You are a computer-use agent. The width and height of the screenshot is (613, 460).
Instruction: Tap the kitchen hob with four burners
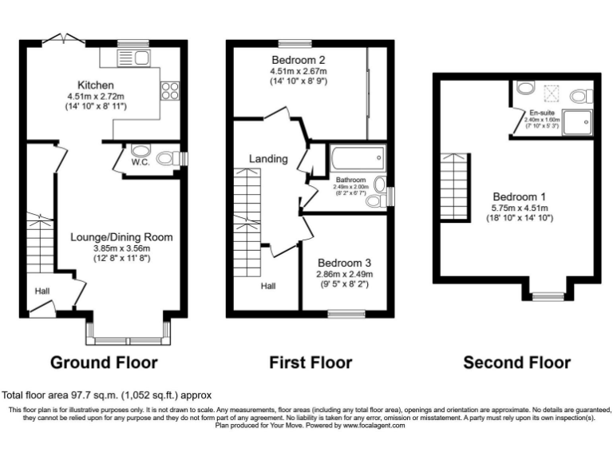tap(170, 90)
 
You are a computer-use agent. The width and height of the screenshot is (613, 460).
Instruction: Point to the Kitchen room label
tap(96, 85)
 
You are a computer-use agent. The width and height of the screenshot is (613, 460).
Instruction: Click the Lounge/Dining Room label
tap(121, 237)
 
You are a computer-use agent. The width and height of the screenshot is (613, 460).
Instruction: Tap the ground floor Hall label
tap(42, 291)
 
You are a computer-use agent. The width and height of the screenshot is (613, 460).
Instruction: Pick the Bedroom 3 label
tap(344, 263)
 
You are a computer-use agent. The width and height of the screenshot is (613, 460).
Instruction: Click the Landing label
tap(268, 159)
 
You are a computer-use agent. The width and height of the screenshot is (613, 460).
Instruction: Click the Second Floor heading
tap(516, 363)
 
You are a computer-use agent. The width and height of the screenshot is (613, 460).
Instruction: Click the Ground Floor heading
tap(104, 363)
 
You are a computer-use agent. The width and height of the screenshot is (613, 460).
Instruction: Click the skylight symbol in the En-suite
tap(550, 93)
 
